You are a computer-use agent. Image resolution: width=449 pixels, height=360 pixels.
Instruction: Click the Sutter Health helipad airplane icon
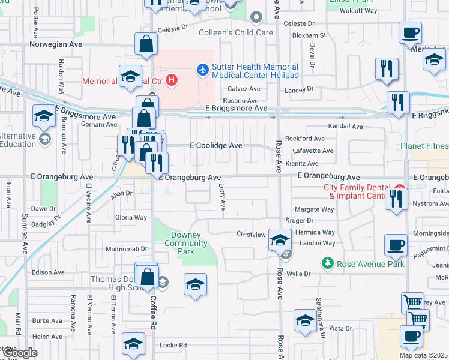(203, 70)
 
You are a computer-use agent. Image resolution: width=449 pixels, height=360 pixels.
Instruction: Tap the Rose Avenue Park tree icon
(328, 263)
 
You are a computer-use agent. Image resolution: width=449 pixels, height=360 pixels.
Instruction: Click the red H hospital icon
(172, 80)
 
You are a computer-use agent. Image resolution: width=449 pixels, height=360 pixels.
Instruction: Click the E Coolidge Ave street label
(216, 145)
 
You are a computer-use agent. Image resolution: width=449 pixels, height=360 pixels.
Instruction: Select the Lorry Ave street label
(221, 196)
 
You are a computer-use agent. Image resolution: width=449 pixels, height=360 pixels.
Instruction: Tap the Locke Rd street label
(173, 346)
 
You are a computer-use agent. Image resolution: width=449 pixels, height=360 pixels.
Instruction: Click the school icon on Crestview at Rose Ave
(279, 240)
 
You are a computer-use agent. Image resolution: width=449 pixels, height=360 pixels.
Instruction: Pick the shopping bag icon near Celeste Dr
(146, 43)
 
